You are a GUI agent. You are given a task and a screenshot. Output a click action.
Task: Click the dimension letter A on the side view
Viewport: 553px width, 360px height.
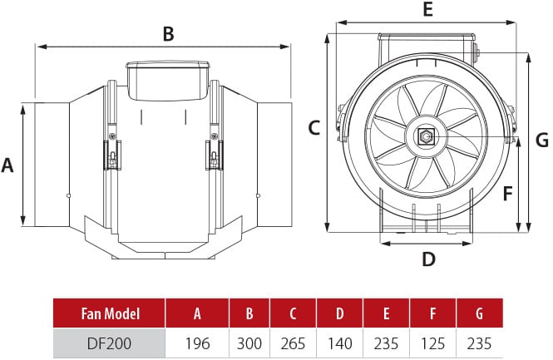coord(8,165)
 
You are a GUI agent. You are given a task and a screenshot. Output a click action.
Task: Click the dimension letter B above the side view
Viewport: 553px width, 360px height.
coord(168,34)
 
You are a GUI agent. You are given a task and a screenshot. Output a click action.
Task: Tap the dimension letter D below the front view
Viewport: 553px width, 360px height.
coord(427,259)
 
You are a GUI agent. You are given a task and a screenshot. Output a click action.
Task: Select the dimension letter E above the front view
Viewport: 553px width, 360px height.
coord(427,11)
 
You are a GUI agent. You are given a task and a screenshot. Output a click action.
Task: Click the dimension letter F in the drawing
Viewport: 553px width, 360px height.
coord(507,194)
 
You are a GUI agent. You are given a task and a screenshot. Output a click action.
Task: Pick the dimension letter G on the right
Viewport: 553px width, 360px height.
coord(541,140)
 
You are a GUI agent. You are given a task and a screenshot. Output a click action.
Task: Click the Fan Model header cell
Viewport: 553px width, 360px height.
coord(110,313)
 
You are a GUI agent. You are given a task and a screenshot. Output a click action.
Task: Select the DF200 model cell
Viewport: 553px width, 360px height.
coord(110,343)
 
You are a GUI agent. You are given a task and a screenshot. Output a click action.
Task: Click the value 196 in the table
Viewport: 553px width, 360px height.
coord(197,343)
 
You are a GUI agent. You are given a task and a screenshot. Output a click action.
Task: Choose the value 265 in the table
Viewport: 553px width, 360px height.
coord(293,343)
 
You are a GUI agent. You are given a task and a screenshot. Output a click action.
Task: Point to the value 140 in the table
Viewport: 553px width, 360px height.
coord(339,343)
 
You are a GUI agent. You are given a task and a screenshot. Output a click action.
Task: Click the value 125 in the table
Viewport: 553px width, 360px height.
coord(432,343)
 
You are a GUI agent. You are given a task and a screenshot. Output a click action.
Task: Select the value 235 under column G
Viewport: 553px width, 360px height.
coord(479,343)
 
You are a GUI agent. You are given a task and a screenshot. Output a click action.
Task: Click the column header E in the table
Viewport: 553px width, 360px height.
coord(386,313)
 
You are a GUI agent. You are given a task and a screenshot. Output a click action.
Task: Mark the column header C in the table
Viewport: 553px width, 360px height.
coord(293,313)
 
